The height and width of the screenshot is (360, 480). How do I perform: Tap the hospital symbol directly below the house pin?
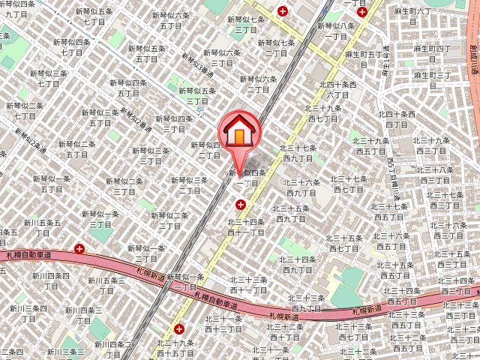241,204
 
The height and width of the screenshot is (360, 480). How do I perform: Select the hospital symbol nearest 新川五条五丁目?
79,247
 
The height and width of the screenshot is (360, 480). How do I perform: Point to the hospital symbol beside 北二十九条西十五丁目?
178,328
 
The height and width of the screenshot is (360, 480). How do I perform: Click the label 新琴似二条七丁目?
24,111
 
